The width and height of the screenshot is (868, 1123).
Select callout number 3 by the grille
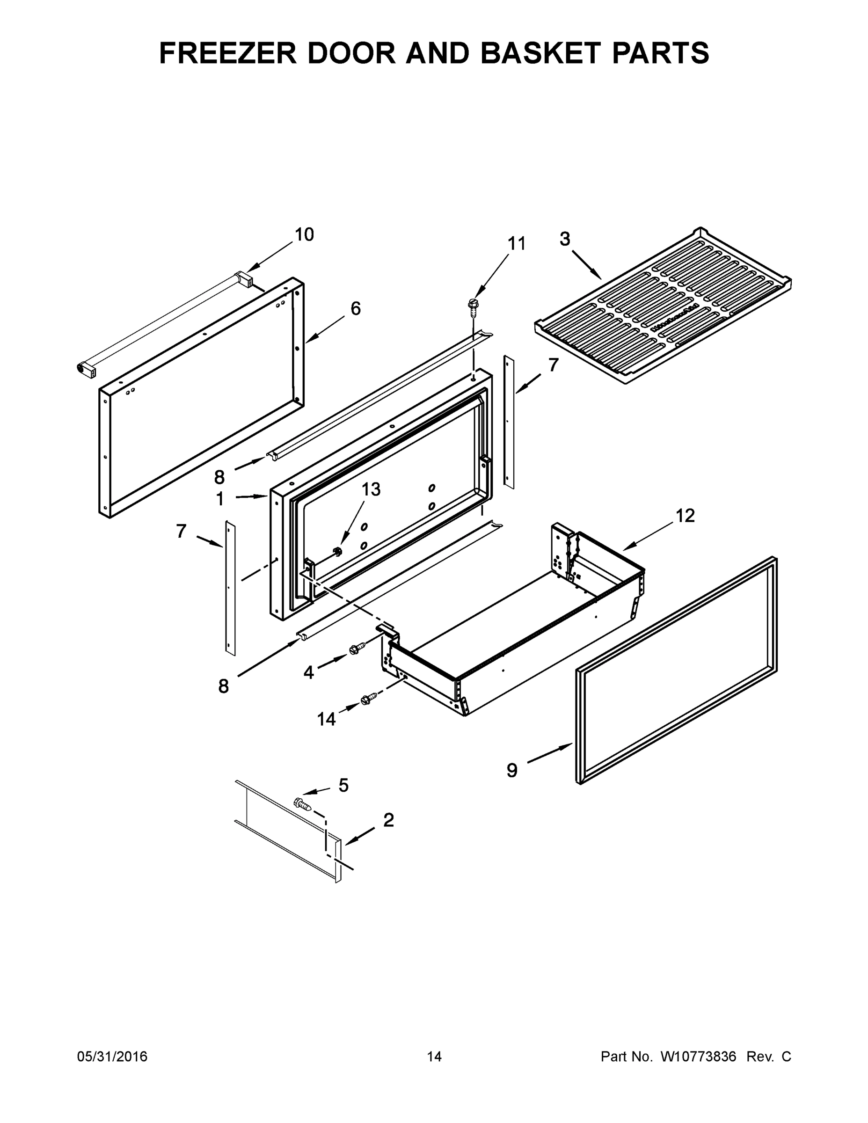(565, 239)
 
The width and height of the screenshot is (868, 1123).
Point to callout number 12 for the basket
(685, 516)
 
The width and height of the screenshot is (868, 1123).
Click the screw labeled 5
(301, 802)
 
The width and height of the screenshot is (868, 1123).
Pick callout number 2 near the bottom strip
(389, 820)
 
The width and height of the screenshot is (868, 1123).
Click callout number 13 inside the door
(370, 489)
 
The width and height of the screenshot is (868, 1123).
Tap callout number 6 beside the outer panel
(355, 308)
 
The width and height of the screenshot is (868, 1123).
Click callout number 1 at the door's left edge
(220, 499)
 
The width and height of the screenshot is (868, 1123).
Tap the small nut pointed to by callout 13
(338, 552)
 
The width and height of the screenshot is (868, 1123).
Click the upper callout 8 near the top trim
(219, 478)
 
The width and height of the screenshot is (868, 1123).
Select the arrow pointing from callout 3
(587, 264)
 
